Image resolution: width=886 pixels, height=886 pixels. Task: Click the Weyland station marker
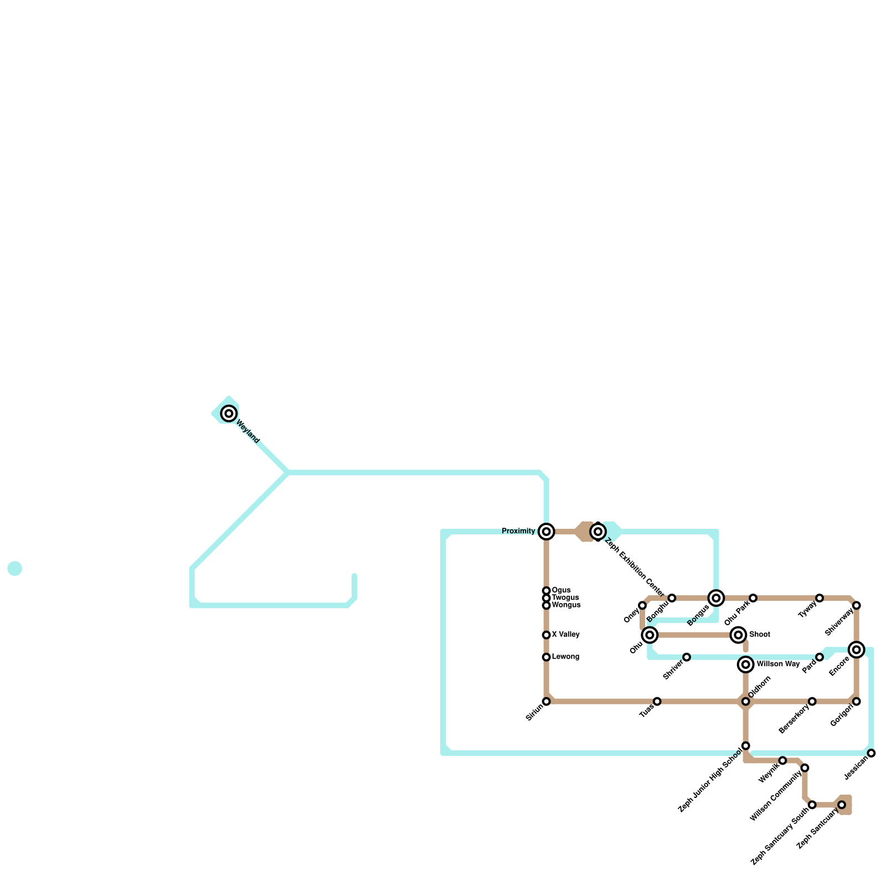tap(229, 413)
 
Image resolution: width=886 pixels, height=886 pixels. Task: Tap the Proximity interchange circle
tap(547, 532)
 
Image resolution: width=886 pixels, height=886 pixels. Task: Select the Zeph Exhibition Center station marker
tap(598, 532)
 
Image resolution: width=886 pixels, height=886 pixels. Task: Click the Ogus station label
tap(561, 590)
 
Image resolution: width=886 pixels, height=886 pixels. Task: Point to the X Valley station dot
tap(547, 635)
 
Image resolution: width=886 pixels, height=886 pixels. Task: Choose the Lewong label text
tap(565, 657)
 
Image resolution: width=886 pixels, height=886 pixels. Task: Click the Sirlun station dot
tap(547, 702)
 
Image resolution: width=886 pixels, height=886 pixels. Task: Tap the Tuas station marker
tap(657, 702)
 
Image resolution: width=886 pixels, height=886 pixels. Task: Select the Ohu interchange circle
tap(650, 635)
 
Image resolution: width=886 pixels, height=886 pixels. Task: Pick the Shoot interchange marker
tap(738, 635)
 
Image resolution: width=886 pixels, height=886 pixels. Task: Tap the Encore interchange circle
tap(857, 650)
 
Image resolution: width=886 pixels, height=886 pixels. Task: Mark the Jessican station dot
tap(872, 753)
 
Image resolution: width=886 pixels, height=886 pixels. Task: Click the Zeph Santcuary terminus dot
tap(842, 805)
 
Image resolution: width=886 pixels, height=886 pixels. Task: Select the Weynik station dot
tap(782, 760)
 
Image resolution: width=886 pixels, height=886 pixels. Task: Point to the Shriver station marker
tap(687, 657)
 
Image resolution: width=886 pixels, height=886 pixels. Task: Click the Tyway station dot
tap(820, 598)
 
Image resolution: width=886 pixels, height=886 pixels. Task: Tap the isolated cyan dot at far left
tap(15, 569)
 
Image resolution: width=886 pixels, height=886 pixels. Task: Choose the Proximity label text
tap(518, 532)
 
